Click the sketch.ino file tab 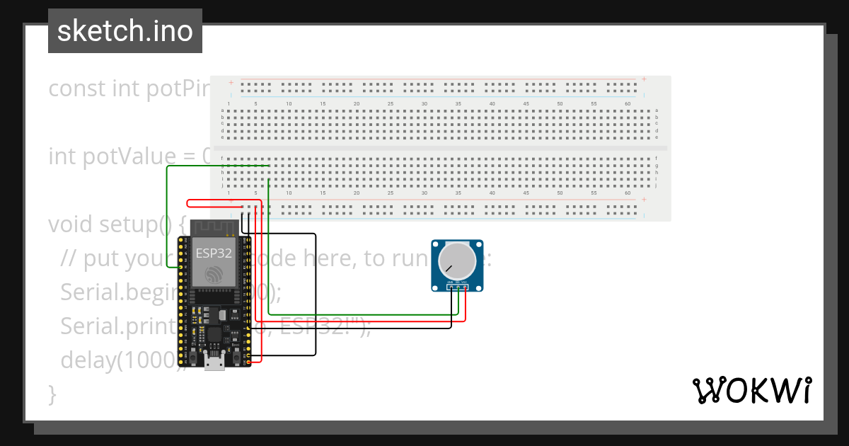[125, 31]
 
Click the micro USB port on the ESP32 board [214, 364]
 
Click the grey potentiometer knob [457, 261]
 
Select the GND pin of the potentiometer [451, 287]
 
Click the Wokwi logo [751, 391]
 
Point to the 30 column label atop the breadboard [424, 104]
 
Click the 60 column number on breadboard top [628, 104]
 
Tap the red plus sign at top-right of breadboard [644, 79]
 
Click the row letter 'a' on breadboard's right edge [657, 110]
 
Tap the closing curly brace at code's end [52, 394]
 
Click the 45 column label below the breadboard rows [526, 193]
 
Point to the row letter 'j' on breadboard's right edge [657, 185]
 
